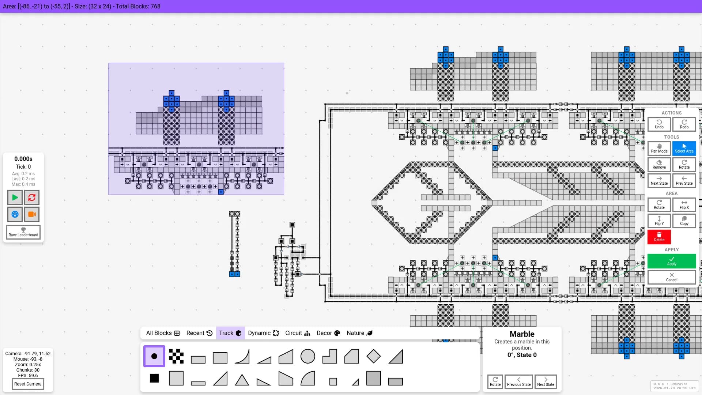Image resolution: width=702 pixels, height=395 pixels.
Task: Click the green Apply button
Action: [672, 261]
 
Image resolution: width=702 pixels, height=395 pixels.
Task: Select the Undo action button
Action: [659, 124]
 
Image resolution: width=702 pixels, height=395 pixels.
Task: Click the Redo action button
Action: [684, 124]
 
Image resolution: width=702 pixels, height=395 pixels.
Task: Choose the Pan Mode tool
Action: [659, 148]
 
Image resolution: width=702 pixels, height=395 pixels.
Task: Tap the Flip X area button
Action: [684, 205]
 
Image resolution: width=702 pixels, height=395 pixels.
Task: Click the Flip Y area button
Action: [659, 221]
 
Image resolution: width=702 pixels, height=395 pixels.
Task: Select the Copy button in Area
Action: [684, 221]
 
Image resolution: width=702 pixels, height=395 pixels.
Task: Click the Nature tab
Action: [359, 333]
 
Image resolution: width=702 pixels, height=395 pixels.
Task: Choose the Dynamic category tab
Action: [263, 333]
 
